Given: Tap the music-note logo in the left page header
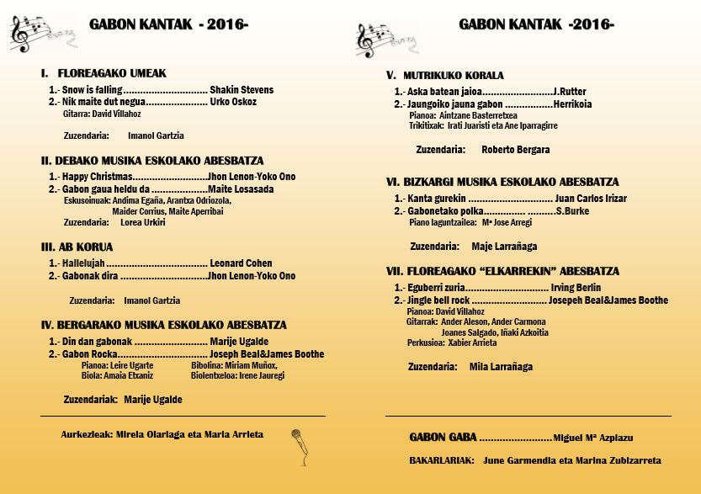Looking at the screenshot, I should (x=34, y=33).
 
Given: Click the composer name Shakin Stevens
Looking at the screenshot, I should (x=242, y=90).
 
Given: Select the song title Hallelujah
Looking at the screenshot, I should (x=83, y=263).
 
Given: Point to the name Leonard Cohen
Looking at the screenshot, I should (x=242, y=263).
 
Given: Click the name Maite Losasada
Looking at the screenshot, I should (x=241, y=189).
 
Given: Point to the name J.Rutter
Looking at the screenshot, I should (x=570, y=92).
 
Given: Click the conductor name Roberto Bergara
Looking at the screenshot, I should (x=516, y=150).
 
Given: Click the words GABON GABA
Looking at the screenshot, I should (x=443, y=438).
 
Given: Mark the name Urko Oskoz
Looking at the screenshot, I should (x=233, y=102).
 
